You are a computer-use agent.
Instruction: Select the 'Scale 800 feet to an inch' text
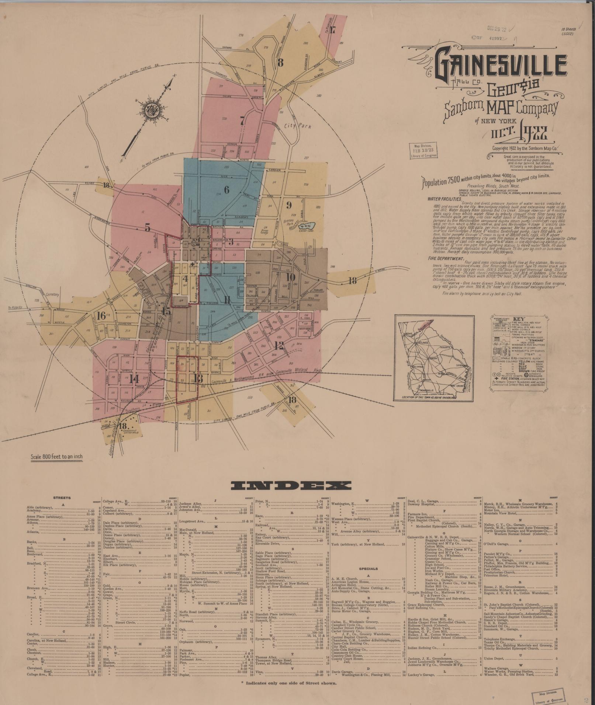[57, 457]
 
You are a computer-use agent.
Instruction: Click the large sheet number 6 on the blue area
[226, 190]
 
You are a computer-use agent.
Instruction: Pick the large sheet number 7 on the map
[242, 121]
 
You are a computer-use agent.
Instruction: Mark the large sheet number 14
[134, 378]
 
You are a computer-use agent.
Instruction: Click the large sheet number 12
[279, 345]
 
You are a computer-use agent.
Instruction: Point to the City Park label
[298, 126]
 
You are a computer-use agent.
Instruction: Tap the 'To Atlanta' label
[15, 307]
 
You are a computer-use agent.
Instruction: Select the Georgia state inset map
[433, 357]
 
